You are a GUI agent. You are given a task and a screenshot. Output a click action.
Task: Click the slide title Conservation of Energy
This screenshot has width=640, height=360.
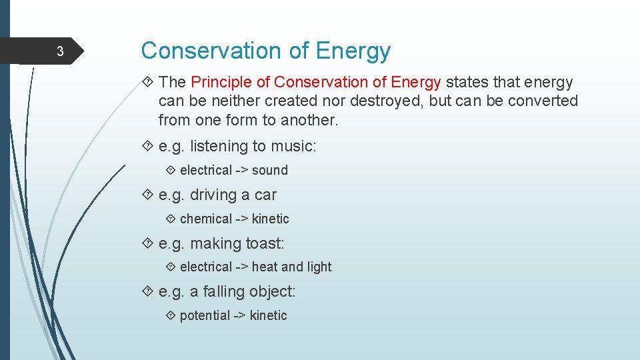point(265,51)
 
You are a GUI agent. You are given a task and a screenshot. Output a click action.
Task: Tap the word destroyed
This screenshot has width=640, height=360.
point(384,101)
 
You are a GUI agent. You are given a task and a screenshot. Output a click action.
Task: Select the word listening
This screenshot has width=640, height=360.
point(218,146)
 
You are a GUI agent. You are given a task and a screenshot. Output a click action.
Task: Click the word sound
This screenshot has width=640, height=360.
point(269,171)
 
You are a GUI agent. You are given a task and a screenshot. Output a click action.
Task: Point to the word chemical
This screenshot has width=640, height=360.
point(206,219)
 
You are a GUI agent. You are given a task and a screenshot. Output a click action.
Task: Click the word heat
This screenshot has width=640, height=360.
point(264,267)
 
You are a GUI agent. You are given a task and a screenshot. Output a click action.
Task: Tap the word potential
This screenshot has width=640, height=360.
point(205,315)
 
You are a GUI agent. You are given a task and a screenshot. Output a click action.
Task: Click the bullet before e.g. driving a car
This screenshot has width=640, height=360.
point(148,195)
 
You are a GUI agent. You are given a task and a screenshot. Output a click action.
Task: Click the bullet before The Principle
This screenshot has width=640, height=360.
point(148,83)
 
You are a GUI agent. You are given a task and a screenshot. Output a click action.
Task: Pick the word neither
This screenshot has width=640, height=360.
point(234,101)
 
